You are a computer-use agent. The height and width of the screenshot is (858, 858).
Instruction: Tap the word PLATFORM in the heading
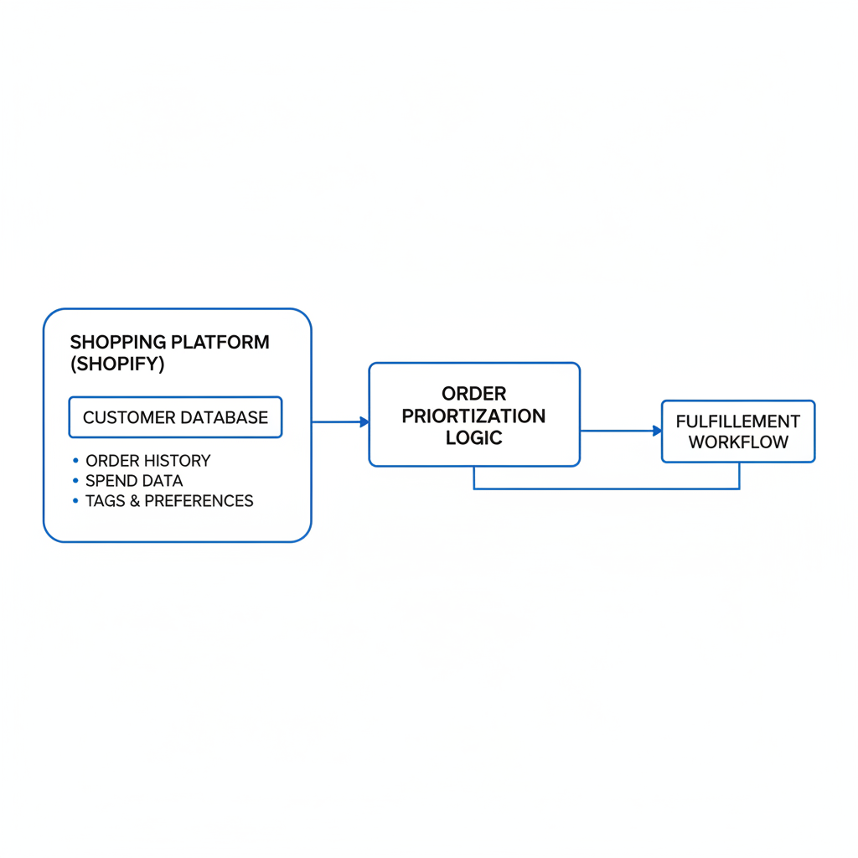tap(220, 342)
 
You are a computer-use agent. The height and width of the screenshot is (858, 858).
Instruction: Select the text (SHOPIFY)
tap(117, 364)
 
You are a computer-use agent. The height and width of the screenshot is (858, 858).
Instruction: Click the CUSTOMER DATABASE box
tap(176, 417)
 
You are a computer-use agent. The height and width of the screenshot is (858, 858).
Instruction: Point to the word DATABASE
tap(225, 417)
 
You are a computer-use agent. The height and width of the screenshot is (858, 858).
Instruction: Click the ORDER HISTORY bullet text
tap(147, 461)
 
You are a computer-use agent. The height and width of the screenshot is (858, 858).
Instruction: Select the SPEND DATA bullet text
tap(134, 481)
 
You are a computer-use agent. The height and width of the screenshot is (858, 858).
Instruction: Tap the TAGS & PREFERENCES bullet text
tap(169, 501)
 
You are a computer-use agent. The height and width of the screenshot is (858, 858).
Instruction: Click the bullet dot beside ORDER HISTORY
tap(75, 461)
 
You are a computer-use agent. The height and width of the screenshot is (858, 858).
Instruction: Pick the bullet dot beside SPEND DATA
tap(75, 480)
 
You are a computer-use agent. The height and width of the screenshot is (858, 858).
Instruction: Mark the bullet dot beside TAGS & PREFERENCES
tap(75, 500)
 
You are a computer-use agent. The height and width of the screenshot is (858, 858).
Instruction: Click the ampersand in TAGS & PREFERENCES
tap(135, 501)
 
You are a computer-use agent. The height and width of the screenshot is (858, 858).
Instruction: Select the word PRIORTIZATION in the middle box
tap(474, 416)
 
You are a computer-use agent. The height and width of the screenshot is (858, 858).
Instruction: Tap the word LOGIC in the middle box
tap(474, 437)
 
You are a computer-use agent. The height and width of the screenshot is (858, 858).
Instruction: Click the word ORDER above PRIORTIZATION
tap(474, 394)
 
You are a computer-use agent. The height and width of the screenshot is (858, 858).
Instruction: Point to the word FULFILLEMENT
tap(737, 421)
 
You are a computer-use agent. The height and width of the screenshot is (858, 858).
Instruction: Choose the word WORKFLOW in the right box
tap(738, 442)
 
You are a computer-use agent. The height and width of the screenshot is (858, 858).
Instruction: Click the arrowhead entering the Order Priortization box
tap(364, 422)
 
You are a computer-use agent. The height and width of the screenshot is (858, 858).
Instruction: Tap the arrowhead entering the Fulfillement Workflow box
tap(657, 431)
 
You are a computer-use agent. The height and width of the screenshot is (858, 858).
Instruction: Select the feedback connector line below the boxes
tap(607, 488)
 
